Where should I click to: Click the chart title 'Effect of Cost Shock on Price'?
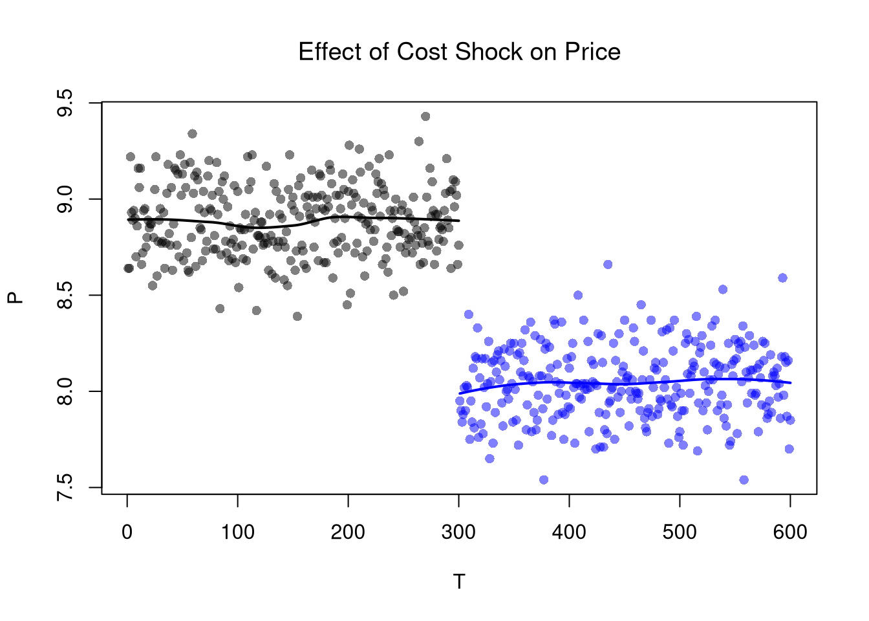(x=459, y=52)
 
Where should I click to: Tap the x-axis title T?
(x=459, y=582)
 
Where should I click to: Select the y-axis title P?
(x=16, y=298)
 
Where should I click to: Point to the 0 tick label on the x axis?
(x=127, y=532)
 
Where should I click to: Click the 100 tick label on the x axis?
(x=238, y=532)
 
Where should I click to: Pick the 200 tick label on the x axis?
(x=349, y=532)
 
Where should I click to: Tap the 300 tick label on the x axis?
(x=459, y=532)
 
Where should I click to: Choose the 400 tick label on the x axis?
(x=570, y=532)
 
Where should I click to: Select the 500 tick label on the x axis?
(x=680, y=532)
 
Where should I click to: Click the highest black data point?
(x=425, y=116)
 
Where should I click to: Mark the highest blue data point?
(x=608, y=265)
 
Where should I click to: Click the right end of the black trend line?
(x=459, y=221)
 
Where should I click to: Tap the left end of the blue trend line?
(x=460, y=393)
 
